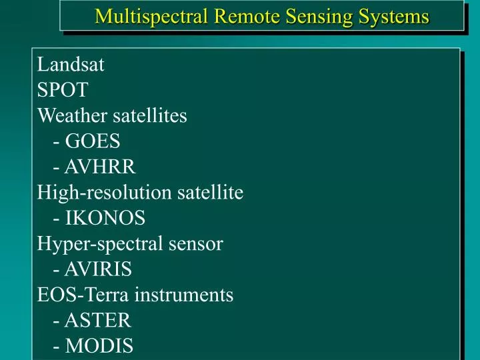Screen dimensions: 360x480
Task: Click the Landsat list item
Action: point(71,65)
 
